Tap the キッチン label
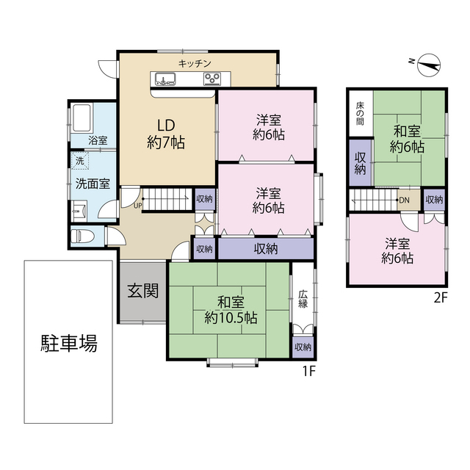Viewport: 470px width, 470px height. [x=195, y=63]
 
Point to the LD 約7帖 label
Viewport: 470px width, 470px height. [x=165, y=134]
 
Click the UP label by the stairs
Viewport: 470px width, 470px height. [x=137, y=206]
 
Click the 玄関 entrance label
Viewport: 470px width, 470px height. [x=143, y=291]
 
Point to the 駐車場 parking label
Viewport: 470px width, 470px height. [x=68, y=343]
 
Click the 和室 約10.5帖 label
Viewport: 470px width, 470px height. [x=231, y=310]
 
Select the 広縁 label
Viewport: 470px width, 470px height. [x=303, y=299]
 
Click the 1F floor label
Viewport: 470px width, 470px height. [x=309, y=370]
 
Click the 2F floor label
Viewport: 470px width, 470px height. [x=440, y=297]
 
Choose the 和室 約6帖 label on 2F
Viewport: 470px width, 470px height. [x=407, y=139]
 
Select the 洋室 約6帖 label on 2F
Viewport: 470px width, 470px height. [x=397, y=251]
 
